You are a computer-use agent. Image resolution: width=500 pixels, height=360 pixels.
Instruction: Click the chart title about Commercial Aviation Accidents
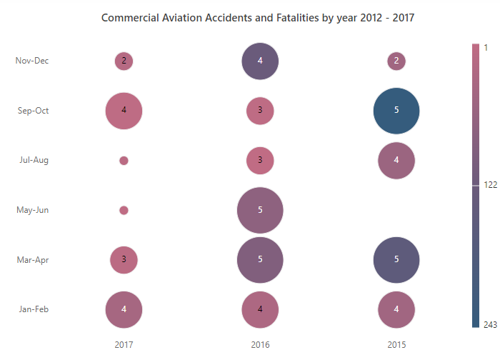coord(258,18)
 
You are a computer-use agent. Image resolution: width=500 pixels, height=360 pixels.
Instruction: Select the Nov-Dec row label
coord(32,61)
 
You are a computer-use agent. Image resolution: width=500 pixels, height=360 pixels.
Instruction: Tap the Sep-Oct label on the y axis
coord(33,111)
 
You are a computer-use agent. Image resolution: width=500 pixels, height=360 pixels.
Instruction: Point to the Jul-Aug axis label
coord(34,160)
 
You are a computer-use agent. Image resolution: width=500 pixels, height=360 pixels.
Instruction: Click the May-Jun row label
coord(33,210)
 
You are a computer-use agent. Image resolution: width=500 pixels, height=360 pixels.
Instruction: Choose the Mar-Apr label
coord(33,260)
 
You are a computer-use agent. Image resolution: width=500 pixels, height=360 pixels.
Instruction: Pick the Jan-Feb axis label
coord(34,309)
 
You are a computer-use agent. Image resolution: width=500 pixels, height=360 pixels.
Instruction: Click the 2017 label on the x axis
coord(124,345)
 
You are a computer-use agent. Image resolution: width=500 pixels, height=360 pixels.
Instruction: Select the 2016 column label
coord(260,345)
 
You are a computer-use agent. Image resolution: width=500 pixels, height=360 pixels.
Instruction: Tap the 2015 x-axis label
coord(396,345)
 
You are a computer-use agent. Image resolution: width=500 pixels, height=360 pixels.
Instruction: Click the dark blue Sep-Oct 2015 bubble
coord(396,111)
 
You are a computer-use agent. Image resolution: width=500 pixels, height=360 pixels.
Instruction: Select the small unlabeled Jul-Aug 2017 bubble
coord(124,161)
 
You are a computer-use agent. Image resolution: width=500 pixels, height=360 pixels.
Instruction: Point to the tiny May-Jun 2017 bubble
coord(124,211)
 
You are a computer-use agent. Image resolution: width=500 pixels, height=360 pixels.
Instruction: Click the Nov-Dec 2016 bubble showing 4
coord(260,61)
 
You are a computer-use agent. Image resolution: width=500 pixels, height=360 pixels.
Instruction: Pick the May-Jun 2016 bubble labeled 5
coord(260,211)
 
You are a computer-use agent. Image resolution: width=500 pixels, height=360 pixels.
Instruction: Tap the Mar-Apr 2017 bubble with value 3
coord(124,260)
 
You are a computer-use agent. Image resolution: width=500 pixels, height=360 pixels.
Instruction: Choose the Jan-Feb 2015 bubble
coord(396,309)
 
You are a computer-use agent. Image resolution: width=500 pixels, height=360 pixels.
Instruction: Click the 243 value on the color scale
coord(490,324)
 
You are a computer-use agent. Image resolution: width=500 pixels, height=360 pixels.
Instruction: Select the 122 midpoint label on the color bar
coord(490,184)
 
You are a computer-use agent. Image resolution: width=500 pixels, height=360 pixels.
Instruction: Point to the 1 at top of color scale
coord(486,48)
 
